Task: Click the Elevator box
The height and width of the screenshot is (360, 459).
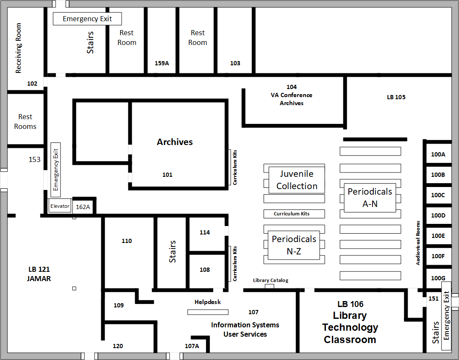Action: tap(60, 206)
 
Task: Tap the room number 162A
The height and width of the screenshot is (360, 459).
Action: tap(83, 207)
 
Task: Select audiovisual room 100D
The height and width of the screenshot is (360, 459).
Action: tap(438, 215)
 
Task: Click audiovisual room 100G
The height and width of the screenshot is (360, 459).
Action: tap(438, 278)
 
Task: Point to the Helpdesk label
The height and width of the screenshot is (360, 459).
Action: tap(208, 302)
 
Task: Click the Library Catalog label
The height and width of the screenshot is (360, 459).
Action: tap(270, 280)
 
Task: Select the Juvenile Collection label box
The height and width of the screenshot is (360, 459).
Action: tap(297, 180)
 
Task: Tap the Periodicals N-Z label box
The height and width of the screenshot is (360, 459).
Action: tap(294, 245)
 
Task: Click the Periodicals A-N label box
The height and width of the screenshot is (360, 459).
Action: tap(370, 198)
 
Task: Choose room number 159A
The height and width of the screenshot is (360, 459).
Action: tap(161, 63)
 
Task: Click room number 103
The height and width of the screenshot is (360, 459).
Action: tap(235, 63)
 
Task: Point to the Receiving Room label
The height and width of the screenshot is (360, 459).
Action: tap(18, 48)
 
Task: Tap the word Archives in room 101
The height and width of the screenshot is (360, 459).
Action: tap(175, 142)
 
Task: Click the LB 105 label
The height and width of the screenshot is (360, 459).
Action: tap(396, 97)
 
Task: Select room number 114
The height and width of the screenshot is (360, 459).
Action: tap(205, 232)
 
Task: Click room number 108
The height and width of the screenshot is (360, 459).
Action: tap(205, 270)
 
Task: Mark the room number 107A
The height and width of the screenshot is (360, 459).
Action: tap(192, 346)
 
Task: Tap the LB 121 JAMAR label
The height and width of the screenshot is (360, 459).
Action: tap(39, 274)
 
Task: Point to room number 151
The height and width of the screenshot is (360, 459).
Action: tap(433, 299)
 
